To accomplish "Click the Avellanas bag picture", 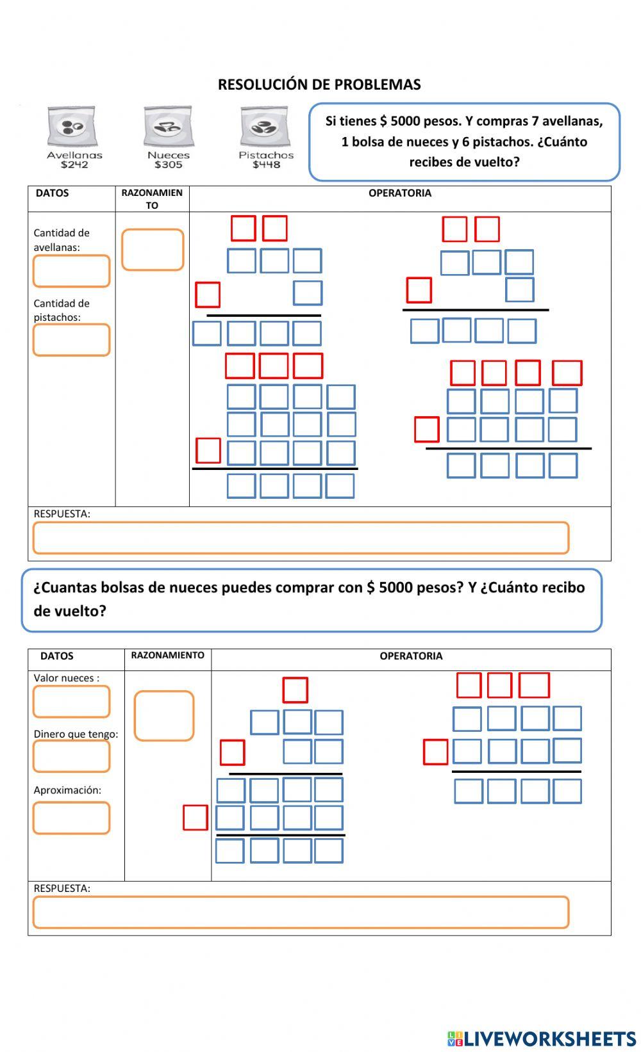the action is pos(72,127).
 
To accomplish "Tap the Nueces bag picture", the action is pos(168,127).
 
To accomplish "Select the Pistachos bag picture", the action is pos(265,127).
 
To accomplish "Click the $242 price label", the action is pos(74,165).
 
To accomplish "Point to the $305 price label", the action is pos(169,165).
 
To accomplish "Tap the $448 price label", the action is pos(266,165).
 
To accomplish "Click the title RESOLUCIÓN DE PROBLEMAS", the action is pos(319,85).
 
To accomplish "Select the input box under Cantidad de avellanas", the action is pos(71,271).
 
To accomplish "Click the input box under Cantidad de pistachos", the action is pos(71,340).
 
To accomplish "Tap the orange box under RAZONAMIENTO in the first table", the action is pos(153,250).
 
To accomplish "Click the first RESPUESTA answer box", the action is pos(301,538).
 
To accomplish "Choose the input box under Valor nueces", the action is pos(71,702).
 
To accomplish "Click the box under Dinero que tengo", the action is pos(71,757).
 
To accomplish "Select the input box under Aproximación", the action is pos(71,818).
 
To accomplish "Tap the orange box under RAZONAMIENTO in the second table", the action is pos(163,716).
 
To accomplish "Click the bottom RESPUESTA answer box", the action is pos(301,912).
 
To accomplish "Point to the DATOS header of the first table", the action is pos(52,193).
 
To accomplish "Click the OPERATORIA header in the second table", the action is pos(411,656).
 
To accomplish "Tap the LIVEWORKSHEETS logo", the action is pos(542,1039).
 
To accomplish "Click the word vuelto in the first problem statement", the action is pos(494,162).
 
